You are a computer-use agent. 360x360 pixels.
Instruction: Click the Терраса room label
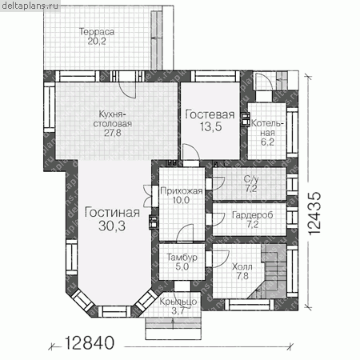(97, 32)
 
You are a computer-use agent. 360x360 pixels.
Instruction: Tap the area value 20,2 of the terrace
(97, 42)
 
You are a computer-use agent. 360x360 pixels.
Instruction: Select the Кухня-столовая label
(113, 118)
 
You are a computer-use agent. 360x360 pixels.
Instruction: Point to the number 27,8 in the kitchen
(113, 133)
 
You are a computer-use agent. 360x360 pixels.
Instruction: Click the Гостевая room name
(210, 114)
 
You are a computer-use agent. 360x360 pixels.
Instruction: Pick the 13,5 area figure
(210, 126)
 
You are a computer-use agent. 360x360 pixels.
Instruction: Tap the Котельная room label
(267, 128)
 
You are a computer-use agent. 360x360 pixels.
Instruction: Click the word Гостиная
(112, 213)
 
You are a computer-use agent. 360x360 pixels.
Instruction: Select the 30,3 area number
(112, 226)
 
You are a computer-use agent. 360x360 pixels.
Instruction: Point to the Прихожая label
(182, 191)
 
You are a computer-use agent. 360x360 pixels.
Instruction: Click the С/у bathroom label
(251, 179)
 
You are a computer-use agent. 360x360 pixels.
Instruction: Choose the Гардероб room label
(253, 215)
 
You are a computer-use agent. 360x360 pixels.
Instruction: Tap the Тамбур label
(182, 258)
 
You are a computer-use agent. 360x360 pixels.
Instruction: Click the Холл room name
(242, 266)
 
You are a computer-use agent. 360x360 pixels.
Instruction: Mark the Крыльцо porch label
(178, 302)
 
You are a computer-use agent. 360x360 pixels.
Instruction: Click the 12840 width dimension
(90, 342)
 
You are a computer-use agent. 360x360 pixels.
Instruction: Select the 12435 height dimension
(314, 214)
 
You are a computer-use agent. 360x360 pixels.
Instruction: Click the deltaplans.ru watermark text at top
(30, 6)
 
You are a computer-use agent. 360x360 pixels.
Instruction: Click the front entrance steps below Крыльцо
(173, 328)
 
